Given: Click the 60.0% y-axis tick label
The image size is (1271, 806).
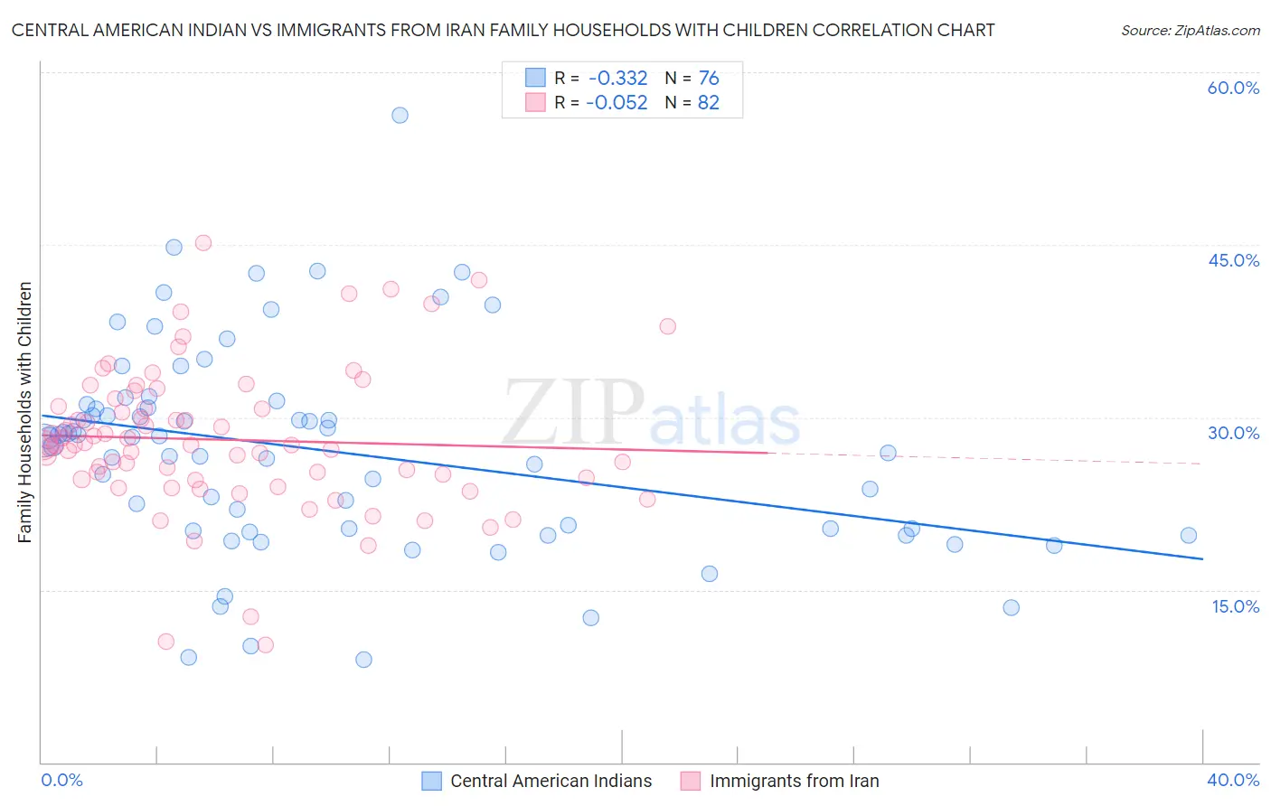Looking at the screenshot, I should click(x=1233, y=88).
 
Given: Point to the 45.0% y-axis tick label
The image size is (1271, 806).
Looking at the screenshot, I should click(x=1233, y=260).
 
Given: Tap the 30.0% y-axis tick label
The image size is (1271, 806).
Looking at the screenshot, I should click(x=1233, y=433).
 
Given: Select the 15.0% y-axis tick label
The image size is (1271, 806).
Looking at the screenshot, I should click(x=1235, y=606).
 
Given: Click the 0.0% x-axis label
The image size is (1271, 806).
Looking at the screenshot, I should click(x=61, y=780).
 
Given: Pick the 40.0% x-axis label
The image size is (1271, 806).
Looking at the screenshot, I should click(x=1233, y=780).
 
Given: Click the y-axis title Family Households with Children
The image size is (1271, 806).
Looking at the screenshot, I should click(x=24, y=412).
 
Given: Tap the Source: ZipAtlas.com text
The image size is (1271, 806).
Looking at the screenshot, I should click(x=1190, y=31).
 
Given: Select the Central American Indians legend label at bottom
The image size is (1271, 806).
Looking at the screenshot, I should click(x=551, y=781).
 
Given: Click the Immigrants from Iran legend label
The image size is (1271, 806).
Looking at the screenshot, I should click(x=794, y=781).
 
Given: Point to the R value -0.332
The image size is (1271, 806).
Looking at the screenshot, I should click(x=617, y=79).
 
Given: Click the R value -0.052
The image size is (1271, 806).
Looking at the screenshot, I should click(x=617, y=103).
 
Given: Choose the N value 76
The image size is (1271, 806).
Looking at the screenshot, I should click(x=709, y=79).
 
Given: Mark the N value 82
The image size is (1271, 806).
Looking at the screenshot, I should click(x=709, y=103).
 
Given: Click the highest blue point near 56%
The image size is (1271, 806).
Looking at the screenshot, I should click(x=400, y=115).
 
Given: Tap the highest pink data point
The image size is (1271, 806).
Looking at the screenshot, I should click(x=203, y=243).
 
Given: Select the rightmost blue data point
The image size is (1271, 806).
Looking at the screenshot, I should click(x=1189, y=535).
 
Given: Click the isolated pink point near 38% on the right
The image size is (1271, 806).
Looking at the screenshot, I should click(x=668, y=326).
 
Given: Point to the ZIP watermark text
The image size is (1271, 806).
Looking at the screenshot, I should click(x=573, y=412).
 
